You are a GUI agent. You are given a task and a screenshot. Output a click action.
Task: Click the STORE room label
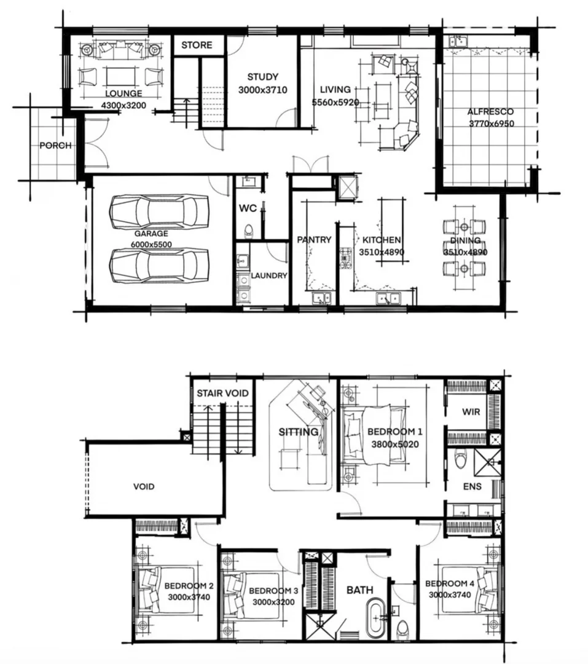[x=197, y=45]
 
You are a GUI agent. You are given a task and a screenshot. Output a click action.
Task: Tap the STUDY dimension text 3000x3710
[x=262, y=90]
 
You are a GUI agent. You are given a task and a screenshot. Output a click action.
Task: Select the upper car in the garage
[x=159, y=211]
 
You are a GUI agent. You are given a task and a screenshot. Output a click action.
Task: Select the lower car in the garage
[x=159, y=265]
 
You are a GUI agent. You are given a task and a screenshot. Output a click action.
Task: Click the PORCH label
[x=55, y=146]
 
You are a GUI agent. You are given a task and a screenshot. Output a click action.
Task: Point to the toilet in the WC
[x=248, y=231]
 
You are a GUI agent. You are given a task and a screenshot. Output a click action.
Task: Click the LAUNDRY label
[x=269, y=276]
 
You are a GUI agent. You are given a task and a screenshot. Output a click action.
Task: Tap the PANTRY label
[x=314, y=240]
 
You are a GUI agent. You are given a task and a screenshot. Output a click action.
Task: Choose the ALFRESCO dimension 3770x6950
[x=490, y=124]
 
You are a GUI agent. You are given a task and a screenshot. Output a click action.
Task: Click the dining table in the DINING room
[x=465, y=247]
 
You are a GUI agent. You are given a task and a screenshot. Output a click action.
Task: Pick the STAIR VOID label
[x=222, y=393]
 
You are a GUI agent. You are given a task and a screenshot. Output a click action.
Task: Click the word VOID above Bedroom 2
[x=144, y=487]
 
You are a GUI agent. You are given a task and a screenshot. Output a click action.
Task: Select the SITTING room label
[x=299, y=432]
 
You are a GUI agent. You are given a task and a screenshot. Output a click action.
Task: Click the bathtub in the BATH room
[x=374, y=620]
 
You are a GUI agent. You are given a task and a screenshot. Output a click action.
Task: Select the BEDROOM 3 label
[x=273, y=591]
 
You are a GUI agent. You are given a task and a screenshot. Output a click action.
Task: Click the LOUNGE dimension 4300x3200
[x=123, y=105]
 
